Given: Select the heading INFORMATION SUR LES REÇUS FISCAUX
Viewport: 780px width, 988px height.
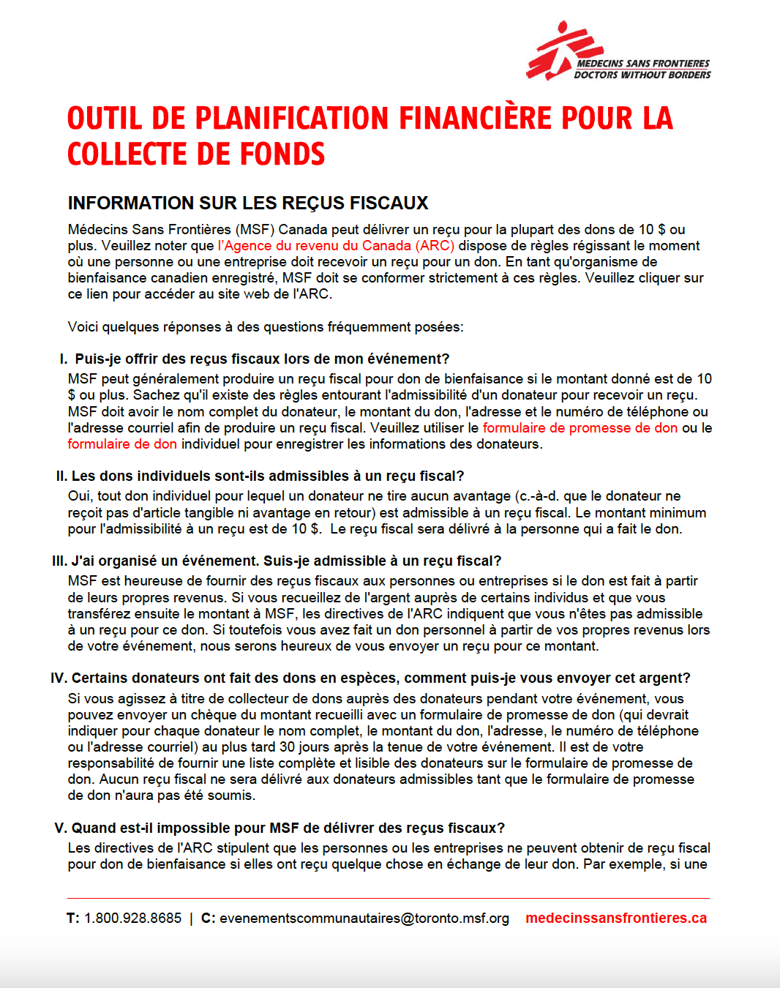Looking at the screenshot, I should point(248,203).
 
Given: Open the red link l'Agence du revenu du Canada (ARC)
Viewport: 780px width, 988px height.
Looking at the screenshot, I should point(336,246).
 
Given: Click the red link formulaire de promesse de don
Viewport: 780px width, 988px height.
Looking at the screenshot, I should point(580,428).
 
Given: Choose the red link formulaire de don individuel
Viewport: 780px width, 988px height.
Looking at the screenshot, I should point(122,444).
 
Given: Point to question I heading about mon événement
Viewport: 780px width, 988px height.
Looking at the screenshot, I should point(262,359).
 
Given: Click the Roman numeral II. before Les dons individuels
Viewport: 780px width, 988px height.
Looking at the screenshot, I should point(61,476).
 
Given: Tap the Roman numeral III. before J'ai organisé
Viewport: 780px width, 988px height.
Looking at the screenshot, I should point(59,561).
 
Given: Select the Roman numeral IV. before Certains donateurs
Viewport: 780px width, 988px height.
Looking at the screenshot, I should point(59,678).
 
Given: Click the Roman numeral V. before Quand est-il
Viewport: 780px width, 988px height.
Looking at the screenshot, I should point(61,828).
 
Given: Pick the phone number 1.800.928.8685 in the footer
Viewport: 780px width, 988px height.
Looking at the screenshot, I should point(132,918).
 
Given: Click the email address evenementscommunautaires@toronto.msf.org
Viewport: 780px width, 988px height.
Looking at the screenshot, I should point(364,918).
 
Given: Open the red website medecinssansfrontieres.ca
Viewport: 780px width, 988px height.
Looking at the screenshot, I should point(616,918).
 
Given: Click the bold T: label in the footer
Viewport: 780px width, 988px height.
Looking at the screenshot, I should point(72,918).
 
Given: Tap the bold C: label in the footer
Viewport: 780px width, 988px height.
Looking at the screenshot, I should point(208,918).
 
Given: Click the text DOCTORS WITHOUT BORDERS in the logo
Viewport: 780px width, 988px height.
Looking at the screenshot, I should point(642,75).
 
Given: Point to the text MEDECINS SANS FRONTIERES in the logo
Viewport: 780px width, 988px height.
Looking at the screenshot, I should point(643,64).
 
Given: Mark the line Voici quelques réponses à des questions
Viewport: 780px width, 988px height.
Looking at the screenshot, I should point(266,327).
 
